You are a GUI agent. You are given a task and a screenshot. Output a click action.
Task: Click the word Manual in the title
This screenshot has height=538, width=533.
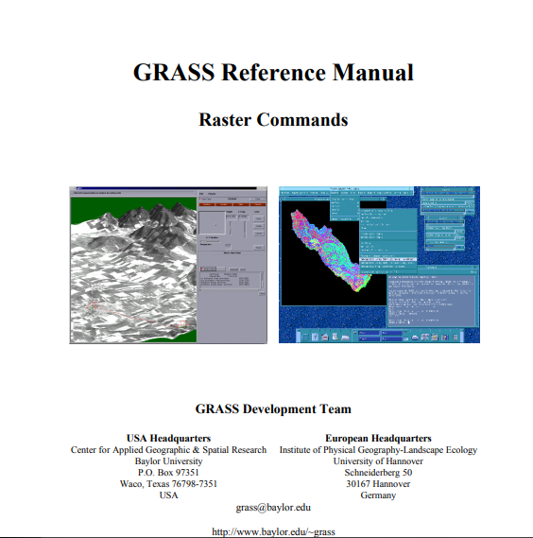pos(372,73)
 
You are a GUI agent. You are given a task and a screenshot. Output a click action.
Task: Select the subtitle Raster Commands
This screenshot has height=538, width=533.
pos(273,120)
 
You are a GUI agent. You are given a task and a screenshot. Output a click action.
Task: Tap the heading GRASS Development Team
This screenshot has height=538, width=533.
pos(273,409)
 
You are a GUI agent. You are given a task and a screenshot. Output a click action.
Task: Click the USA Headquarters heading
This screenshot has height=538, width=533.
pos(168,438)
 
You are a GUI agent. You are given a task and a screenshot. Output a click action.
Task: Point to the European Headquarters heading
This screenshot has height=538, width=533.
pos(378,438)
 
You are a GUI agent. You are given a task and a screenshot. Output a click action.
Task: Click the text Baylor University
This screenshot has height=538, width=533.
pos(168,461)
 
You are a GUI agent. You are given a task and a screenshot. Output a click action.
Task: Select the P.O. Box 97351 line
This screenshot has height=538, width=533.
pos(168,473)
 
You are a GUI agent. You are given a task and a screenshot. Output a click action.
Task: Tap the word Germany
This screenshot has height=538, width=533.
pos(378,495)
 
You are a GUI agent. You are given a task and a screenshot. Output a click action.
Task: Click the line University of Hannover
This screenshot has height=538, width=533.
pos(378,461)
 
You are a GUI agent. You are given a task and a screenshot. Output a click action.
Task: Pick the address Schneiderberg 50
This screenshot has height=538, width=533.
pos(378,473)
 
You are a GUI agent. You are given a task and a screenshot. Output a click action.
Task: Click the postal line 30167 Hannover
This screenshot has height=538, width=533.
pos(378,484)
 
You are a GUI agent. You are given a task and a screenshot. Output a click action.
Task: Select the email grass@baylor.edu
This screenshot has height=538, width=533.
pos(273,508)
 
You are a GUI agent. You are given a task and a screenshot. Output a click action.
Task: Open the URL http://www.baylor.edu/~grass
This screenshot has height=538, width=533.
pos(273,531)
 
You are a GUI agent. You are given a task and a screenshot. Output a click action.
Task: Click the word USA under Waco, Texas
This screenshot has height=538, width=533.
pos(168,495)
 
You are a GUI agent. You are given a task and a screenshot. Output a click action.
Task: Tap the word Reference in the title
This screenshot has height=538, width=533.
pos(271,73)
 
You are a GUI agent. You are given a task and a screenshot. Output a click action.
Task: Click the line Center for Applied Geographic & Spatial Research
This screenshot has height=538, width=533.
pos(168,450)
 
